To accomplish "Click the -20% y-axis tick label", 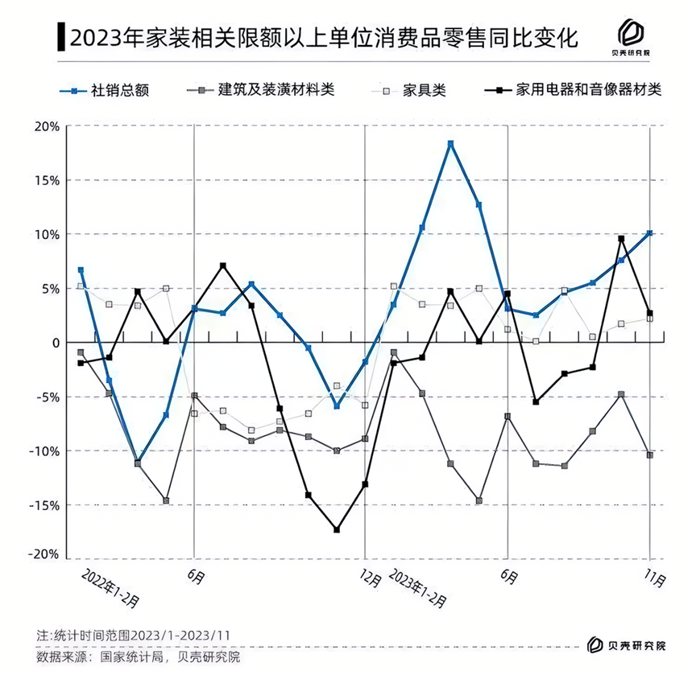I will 46,555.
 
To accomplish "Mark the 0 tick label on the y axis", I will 56,343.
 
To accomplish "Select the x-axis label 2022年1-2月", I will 113,587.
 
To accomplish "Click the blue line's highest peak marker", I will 451,144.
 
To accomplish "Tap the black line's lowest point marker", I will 337,529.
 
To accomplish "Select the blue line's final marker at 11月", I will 650,233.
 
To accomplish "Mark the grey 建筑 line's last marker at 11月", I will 650,455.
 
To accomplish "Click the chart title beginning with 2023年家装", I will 322,38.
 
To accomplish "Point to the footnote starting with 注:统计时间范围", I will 134,636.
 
